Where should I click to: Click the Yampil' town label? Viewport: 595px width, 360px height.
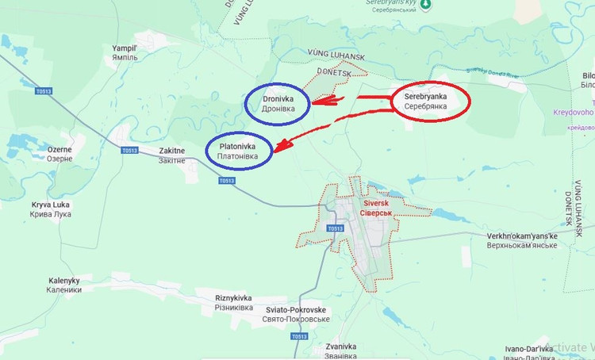[125, 52]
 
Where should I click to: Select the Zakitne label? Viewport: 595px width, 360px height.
[172, 154]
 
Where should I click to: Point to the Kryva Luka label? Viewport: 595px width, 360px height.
[51, 209]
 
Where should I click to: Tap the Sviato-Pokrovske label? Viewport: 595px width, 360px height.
[295, 314]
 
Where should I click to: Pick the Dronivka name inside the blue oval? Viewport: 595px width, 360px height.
[278, 103]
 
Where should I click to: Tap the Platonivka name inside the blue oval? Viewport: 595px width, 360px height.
[240, 151]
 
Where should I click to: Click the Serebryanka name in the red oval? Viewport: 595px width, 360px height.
[425, 101]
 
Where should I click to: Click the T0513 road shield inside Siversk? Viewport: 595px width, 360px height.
[334, 229]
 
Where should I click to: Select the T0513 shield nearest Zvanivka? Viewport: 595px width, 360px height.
[298, 336]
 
